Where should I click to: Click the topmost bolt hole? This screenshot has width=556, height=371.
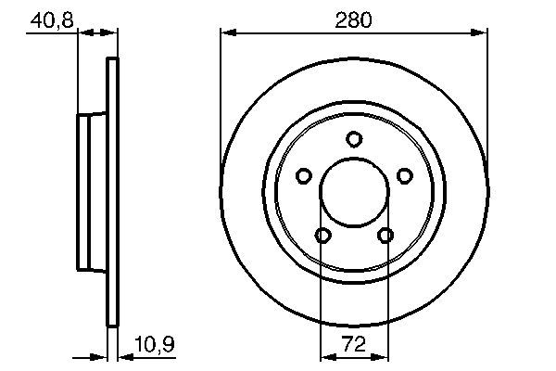(353, 139)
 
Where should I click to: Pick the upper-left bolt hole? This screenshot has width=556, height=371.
(303, 176)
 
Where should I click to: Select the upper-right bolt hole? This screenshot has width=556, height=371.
(404, 176)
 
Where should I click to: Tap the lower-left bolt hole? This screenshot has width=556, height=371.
(322, 236)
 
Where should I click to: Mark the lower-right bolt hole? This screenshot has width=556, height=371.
(385, 236)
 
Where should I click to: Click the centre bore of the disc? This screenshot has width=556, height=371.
(353, 193)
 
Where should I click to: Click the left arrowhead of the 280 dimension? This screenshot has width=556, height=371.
(227, 34)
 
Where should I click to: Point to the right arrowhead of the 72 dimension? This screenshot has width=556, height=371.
(381, 356)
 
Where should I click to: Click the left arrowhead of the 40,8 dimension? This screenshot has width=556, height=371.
(82, 34)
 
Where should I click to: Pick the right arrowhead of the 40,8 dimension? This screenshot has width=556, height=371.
(113, 34)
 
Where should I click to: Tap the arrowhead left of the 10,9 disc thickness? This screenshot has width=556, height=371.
(103, 356)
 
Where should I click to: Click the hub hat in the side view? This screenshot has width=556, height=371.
(91, 192)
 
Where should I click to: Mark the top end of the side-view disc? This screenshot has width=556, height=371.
(114, 62)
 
